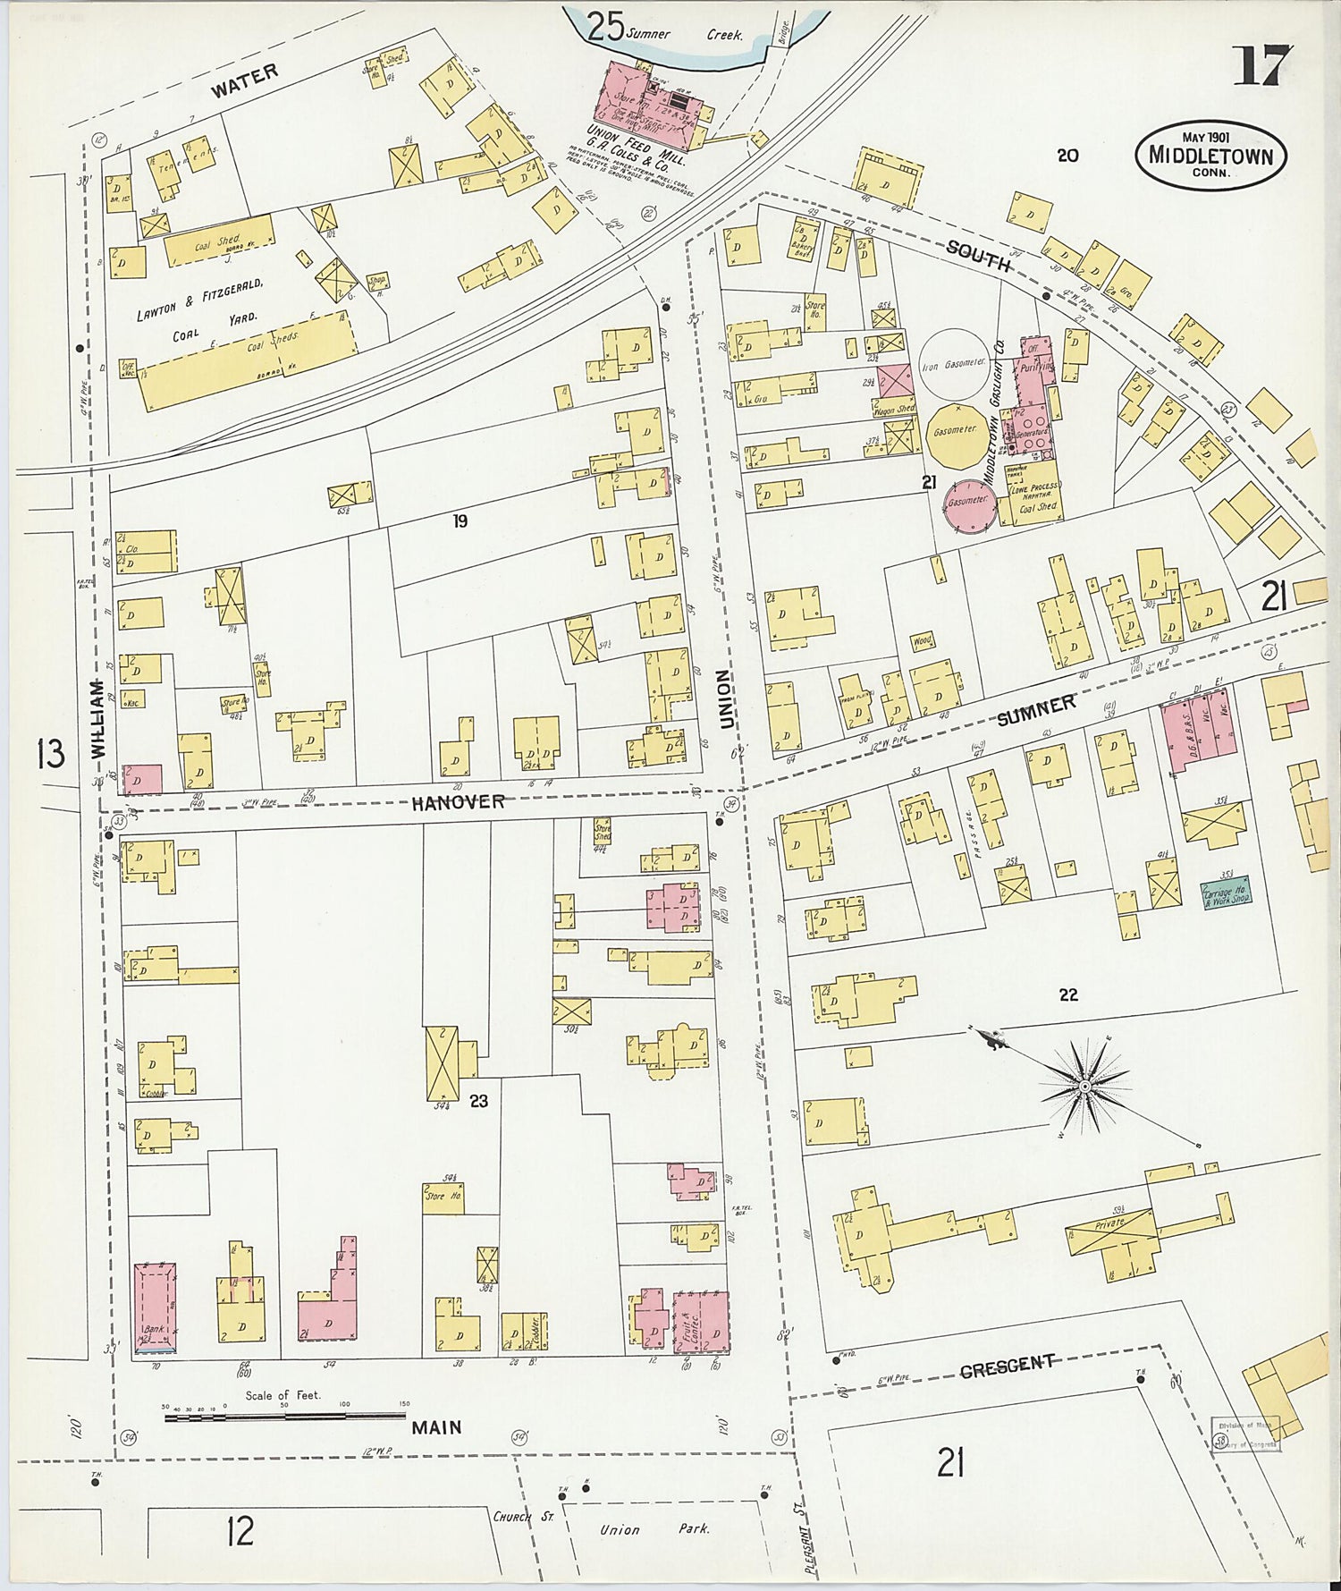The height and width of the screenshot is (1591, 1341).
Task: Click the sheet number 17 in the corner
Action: point(1262,66)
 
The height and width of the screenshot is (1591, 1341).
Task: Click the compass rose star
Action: point(1084,1086)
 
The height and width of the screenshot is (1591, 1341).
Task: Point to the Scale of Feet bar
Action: point(284,1416)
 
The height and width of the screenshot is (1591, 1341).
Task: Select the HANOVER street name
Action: point(458,802)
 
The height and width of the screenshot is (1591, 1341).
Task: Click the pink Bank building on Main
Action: point(155,1307)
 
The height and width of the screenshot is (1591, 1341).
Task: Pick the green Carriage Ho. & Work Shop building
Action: point(1227,893)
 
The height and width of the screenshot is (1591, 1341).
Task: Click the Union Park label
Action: point(654,1528)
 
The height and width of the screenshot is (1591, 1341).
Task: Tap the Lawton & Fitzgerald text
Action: point(199,300)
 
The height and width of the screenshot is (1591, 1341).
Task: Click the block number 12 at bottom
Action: point(240,1531)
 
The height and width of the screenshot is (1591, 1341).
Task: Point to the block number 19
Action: point(460,520)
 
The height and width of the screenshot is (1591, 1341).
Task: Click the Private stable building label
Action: point(1109,1223)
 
